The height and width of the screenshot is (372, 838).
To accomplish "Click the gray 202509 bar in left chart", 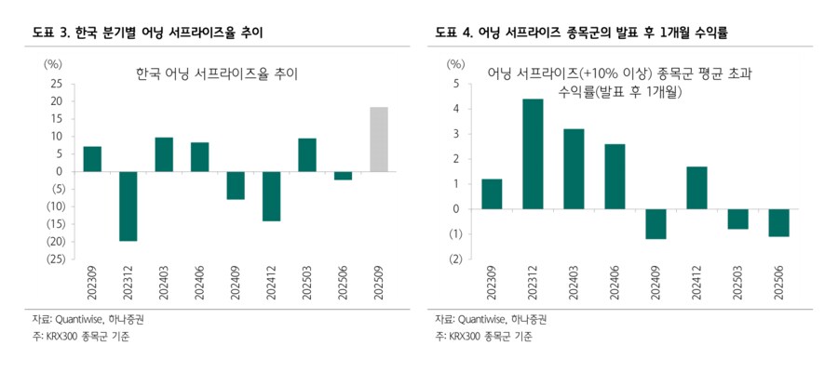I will click(379, 139).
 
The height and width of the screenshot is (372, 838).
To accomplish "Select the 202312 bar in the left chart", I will click(128, 206).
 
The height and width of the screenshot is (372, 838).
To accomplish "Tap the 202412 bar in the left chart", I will click(271, 196).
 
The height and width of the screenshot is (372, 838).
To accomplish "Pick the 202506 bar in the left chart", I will click(343, 176).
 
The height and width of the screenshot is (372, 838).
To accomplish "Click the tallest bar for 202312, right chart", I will click(533, 153).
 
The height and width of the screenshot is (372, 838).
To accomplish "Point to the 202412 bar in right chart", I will click(696, 188).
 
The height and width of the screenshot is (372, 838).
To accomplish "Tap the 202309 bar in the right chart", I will click(492, 193).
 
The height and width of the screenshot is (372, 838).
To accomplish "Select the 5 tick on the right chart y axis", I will click(455, 84).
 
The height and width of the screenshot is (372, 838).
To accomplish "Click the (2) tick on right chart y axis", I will click(453, 259).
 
